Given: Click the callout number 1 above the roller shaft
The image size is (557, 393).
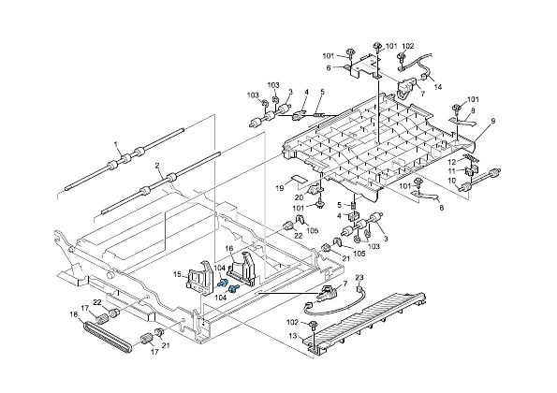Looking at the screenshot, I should (x=116, y=145).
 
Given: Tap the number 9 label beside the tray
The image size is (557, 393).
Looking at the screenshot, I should (x=492, y=121).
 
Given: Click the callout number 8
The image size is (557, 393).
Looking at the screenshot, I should (x=473, y=111).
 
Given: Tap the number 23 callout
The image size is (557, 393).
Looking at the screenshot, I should (x=359, y=279).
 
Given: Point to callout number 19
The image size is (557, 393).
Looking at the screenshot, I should (x=278, y=189).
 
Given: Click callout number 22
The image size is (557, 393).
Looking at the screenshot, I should (x=97, y=300).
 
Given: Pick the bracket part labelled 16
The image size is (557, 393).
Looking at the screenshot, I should (x=245, y=266).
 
